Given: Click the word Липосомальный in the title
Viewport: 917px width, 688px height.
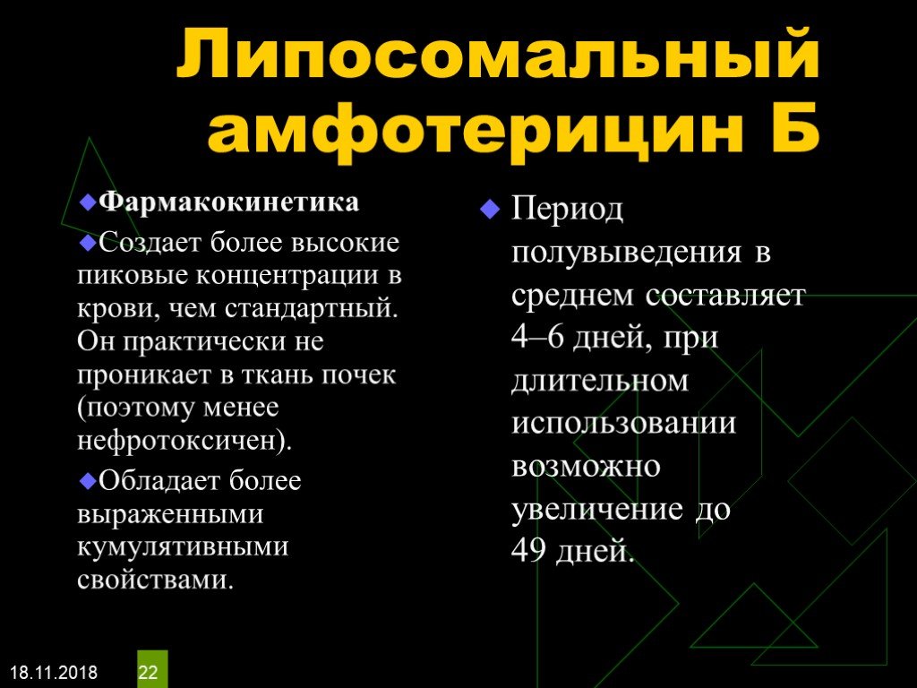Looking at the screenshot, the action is point(498,54).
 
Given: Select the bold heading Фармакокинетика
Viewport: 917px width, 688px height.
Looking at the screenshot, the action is point(228,202).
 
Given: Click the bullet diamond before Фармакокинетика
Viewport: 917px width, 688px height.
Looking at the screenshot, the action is point(88,202).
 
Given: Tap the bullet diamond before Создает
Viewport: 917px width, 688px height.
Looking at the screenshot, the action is point(88,242).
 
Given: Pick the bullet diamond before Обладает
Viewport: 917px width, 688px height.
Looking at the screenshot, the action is point(88,481).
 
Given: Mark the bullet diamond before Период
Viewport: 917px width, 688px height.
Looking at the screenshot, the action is point(490,209).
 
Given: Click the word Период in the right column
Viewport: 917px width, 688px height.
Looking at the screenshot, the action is point(567,210).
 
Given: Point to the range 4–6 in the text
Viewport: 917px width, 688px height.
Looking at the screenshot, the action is point(537,337).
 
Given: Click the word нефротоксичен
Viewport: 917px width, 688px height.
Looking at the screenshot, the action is point(176,440).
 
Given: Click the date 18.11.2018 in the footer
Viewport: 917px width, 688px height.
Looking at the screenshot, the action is point(55,672).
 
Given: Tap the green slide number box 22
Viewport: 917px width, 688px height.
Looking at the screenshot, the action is point(152,669).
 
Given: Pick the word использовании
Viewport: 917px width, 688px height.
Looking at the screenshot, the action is point(623,423).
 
